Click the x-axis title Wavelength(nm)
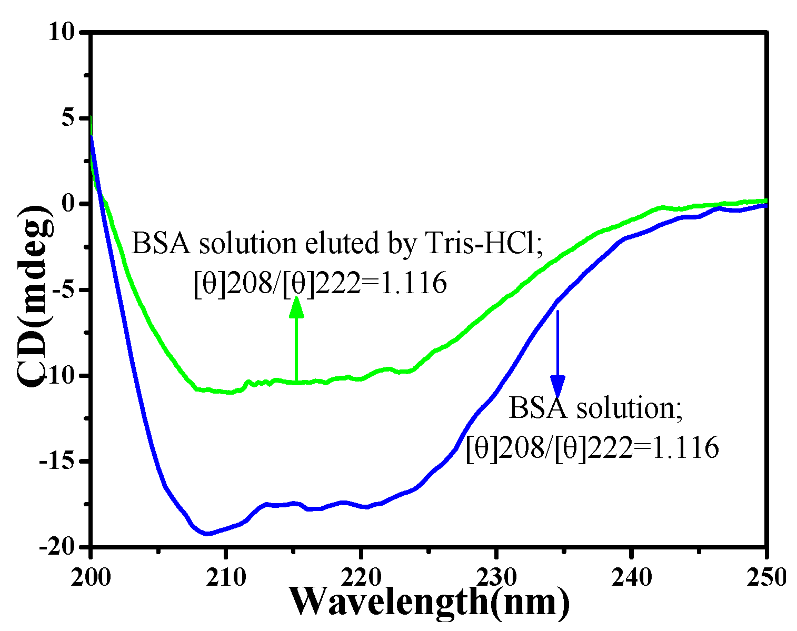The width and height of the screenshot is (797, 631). (429, 601)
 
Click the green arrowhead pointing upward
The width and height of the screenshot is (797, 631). (296, 308)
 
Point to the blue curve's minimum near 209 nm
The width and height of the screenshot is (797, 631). (208, 534)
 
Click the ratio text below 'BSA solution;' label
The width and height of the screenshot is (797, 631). (592, 448)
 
